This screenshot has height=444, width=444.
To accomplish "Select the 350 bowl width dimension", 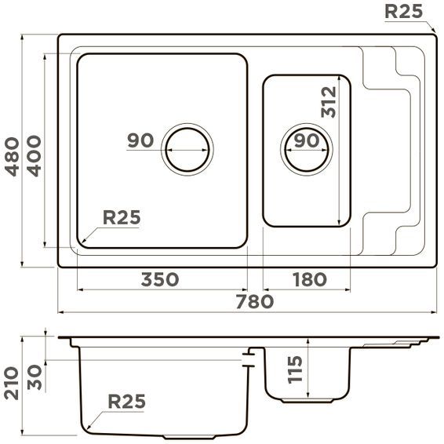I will (x=160, y=279).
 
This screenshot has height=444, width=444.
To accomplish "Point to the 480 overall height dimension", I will (x=13, y=156).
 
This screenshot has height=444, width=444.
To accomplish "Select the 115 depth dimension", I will (x=295, y=369).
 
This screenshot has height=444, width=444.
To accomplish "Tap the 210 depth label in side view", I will (x=13, y=382).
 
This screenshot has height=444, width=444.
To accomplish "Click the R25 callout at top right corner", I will (x=404, y=11).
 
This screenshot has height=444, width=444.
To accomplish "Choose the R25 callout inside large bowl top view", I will (x=122, y=217).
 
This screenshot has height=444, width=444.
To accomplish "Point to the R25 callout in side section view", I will (x=126, y=402).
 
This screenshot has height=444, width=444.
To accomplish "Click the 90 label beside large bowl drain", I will (x=140, y=141).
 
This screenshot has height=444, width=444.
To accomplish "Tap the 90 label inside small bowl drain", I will (x=305, y=141).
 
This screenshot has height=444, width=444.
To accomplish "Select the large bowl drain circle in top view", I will (x=187, y=147).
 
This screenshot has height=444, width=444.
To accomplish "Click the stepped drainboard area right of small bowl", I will (x=388, y=149).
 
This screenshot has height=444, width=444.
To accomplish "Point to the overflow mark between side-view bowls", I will (x=250, y=360).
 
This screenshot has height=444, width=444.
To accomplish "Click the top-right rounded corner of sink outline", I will (x=431, y=38).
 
